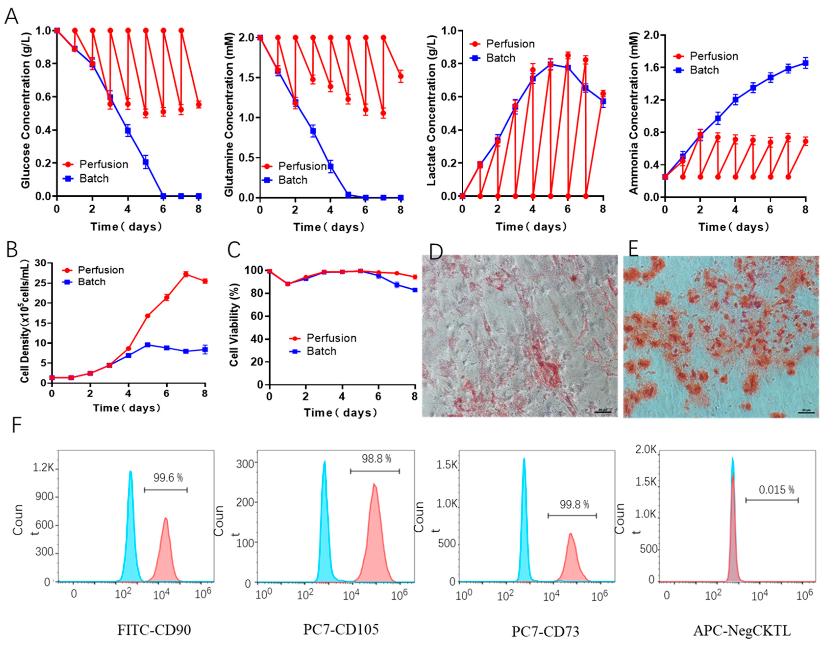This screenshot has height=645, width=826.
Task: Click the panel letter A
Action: [11, 17]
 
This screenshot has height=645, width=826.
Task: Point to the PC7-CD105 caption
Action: [341, 629]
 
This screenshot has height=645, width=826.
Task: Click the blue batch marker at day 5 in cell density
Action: [148, 345]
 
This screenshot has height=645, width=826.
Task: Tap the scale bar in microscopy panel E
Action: [806, 412]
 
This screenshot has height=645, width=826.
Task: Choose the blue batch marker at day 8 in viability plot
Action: [415, 290]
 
